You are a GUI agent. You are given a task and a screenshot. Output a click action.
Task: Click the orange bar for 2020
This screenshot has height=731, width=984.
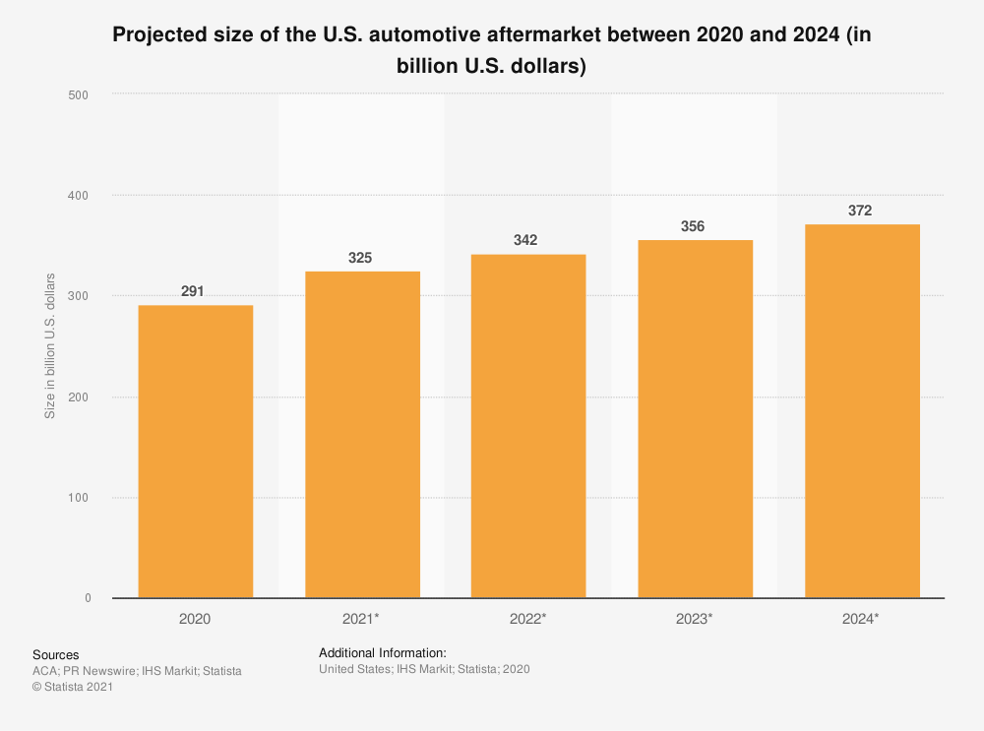pos(195,452)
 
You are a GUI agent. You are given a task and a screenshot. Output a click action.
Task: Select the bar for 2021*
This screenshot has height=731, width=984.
pos(362,435)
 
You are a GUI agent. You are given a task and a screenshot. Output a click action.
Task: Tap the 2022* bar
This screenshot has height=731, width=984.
pos(528,426)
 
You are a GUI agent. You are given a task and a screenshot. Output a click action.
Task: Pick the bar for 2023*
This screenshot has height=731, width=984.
pos(696,419)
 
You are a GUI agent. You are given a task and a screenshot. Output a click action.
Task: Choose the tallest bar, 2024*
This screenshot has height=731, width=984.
pos(862,411)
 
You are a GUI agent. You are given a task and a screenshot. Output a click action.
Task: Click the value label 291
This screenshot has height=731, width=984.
pos(193,291)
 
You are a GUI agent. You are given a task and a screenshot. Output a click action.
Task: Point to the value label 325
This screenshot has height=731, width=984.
pos(360,258)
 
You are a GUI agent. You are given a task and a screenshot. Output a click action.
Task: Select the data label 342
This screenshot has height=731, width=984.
pos(527,240)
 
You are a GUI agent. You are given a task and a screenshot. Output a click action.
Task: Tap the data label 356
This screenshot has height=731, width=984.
pos(695,226)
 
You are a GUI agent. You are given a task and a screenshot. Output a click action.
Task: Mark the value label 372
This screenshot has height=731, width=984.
pos(861,211)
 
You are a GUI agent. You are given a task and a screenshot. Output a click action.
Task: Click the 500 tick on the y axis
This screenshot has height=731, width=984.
pos(79,95)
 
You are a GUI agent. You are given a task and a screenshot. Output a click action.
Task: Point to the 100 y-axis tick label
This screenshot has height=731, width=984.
pos(79,498)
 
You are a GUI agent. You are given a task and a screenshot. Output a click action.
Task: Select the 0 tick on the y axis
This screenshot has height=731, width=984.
pos(87,598)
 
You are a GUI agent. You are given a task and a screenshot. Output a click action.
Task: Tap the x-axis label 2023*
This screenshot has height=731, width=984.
pos(696,619)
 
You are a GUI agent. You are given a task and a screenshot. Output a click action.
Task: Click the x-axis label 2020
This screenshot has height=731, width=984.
pos(195,619)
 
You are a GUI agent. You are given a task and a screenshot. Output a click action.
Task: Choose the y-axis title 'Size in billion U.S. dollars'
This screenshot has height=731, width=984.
pos(50,345)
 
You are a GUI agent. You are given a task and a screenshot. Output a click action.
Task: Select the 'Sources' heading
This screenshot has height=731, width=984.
pos(55,654)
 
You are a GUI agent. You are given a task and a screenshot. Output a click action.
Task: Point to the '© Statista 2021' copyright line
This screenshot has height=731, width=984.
pos(73,687)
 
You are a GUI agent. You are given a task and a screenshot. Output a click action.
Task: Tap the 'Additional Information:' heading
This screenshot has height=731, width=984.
pos(383,652)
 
